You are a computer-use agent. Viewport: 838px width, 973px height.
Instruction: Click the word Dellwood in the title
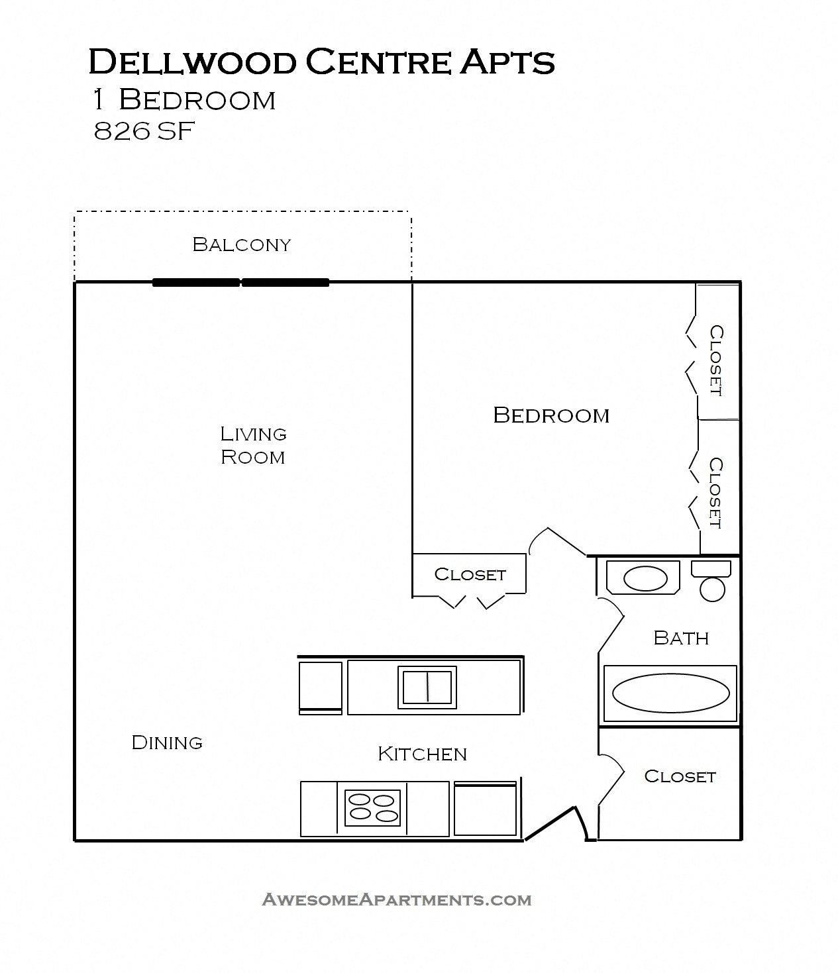point(192,62)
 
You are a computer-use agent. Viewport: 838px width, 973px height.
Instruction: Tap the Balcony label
point(241,244)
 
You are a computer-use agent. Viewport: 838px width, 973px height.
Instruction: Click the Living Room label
point(253,445)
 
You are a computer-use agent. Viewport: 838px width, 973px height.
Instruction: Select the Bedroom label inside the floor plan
point(551,415)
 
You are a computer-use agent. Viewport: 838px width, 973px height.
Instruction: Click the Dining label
point(167,743)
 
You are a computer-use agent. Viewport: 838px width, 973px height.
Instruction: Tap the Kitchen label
point(422,754)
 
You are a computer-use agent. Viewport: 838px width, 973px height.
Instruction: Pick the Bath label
point(681,638)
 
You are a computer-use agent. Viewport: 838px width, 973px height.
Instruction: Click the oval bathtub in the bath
point(670,693)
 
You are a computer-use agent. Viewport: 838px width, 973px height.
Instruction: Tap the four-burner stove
point(373,808)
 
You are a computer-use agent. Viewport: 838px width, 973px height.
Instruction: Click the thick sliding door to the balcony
point(240,282)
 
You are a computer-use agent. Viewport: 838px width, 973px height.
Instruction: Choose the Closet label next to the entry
point(680,776)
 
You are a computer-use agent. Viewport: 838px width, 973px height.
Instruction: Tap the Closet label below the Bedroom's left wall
point(470,574)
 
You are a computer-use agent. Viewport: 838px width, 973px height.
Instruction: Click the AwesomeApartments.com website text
point(397,899)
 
